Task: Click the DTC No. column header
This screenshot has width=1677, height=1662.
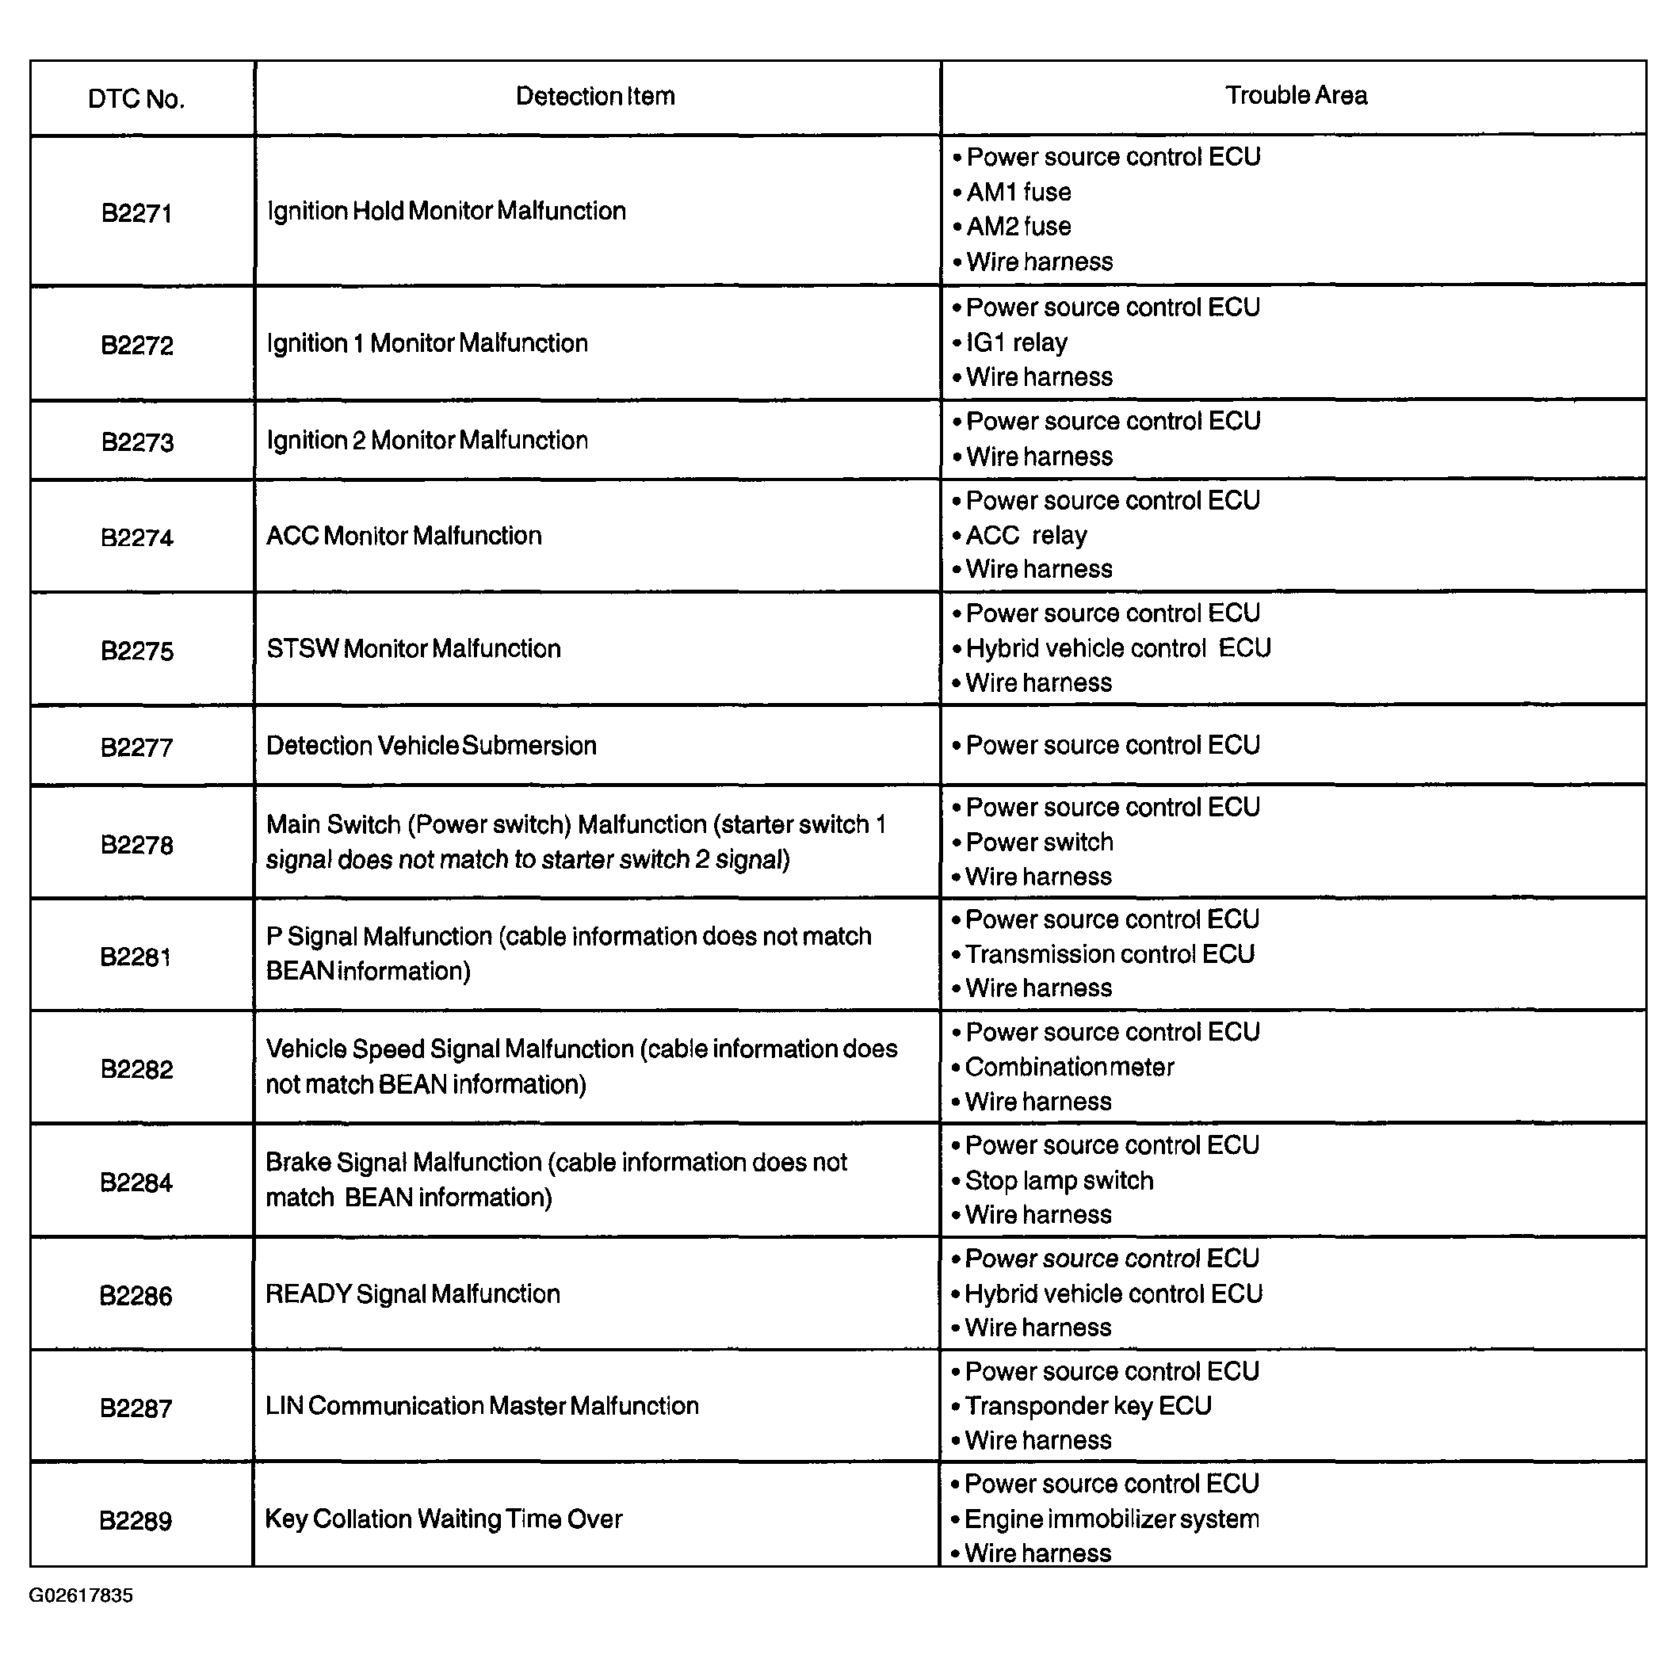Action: click(x=136, y=99)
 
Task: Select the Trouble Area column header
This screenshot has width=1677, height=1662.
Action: click(x=1295, y=95)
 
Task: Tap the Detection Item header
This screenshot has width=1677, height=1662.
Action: click(x=594, y=97)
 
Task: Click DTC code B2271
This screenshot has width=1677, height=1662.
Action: click(x=136, y=213)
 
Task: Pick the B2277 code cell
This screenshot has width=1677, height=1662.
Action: click(x=136, y=747)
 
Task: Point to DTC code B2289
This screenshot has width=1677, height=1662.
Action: click(x=136, y=1521)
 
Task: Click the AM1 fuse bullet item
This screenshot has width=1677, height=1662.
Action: click(x=1018, y=192)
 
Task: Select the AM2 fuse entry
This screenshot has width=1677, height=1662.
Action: click(x=1018, y=227)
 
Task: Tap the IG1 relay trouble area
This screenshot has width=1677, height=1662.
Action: click(x=1017, y=343)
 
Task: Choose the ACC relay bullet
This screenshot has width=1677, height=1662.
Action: click(x=1026, y=536)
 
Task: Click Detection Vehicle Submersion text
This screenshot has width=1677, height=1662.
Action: click(x=431, y=746)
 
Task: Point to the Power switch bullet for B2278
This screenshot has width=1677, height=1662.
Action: click(x=1039, y=842)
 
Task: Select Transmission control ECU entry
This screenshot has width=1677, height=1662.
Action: click(x=1110, y=953)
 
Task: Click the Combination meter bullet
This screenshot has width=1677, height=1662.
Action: click(x=1069, y=1067)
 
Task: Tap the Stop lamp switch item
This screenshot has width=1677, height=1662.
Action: click(x=1059, y=1180)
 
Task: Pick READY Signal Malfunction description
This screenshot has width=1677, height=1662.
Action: click(x=412, y=1294)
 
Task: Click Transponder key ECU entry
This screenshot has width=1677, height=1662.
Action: click(x=1087, y=1405)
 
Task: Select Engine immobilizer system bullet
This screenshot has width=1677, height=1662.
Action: click(x=1111, y=1519)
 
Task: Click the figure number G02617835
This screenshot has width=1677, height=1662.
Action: click(x=81, y=1595)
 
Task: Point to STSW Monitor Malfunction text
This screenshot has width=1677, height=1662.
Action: click(x=413, y=648)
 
